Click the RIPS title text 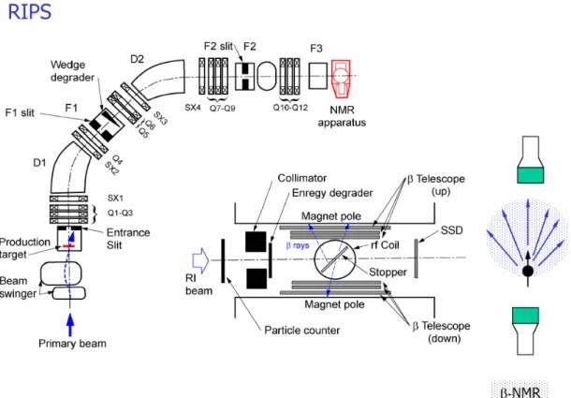coord(30,11)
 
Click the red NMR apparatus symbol coord(342,79)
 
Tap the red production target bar coord(68,246)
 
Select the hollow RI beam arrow coord(200,260)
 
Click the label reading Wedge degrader coord(72,71)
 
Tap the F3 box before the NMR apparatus coord(318,76)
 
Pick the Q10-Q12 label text coord(290,108)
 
